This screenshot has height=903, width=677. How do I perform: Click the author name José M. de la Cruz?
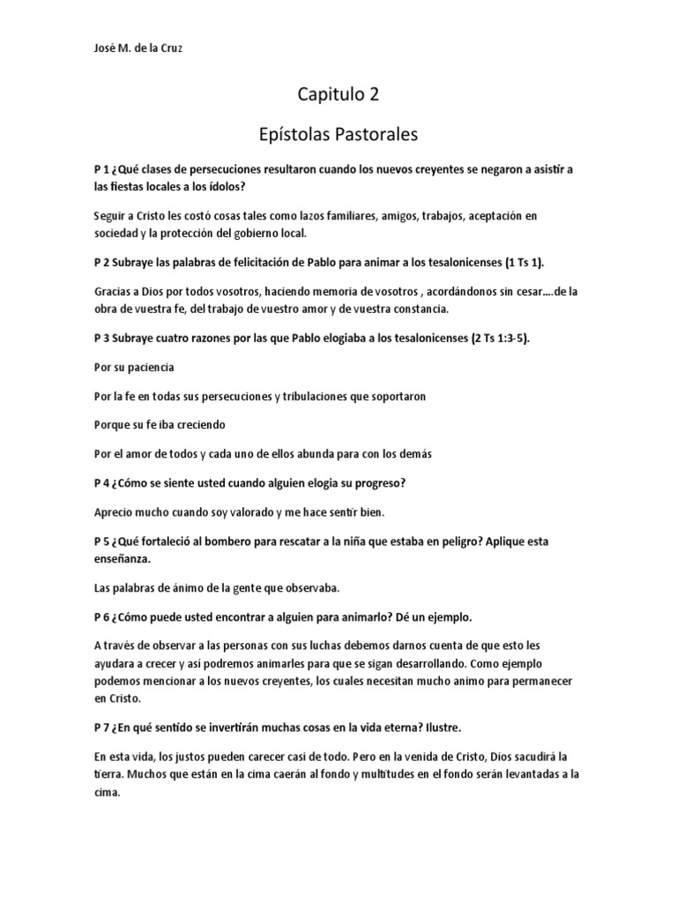(137, 49)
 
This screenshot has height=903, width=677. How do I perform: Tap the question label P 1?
(100, 168)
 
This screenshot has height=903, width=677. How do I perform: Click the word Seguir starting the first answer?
(111, 216)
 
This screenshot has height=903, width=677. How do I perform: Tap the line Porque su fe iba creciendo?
(160, 425)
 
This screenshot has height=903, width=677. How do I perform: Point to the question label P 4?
(100, 483)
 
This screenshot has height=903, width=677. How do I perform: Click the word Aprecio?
(113, 511)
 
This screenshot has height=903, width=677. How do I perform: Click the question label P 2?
(100, 264)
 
